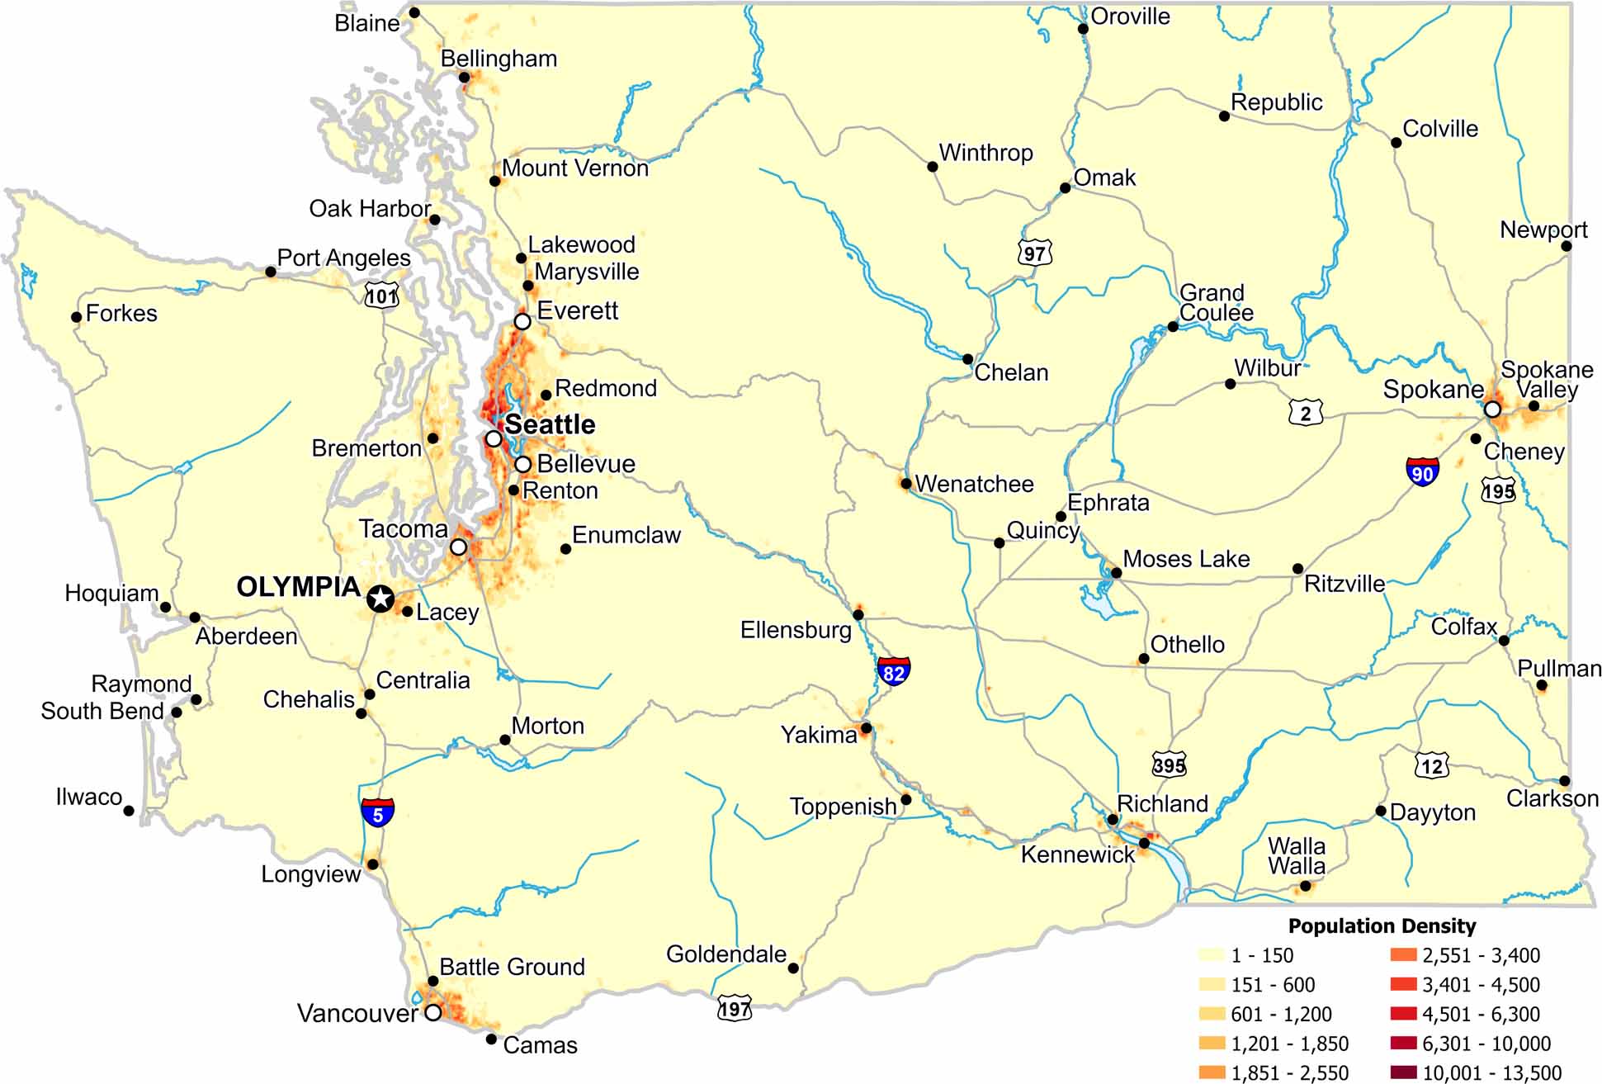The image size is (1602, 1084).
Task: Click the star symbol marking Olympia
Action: tap(380, 599)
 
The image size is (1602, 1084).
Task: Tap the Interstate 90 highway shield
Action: tap(1422, 471)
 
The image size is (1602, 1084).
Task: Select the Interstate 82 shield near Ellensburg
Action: tap(893, 670)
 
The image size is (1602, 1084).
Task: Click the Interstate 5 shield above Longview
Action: tap(377, 812)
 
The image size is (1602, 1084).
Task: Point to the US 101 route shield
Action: tap(381, 295)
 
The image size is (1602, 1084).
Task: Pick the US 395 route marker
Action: tap(1169, 764)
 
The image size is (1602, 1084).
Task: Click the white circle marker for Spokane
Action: tap(1491, 409)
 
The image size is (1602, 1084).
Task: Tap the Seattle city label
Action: tap(550, 424)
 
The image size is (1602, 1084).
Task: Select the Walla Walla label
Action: tap(1297, 856)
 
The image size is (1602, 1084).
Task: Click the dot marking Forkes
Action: tap(76, 317)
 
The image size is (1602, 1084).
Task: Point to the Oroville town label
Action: tap(1130, 17)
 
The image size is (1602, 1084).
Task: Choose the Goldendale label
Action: tap(725, 954)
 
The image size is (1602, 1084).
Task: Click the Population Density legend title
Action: tap(1382, 925)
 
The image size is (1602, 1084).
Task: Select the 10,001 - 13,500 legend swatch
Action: tap(1403, 1072)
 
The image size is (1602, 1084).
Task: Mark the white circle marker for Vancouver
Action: tap(432, 1012)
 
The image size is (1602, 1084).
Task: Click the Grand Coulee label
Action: tap(1215, 303)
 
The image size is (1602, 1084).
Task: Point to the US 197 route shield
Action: tap(735, 1008)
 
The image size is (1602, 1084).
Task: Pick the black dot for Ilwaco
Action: tap(129, 811)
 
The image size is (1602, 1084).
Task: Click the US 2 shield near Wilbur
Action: tap(1305, 412)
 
